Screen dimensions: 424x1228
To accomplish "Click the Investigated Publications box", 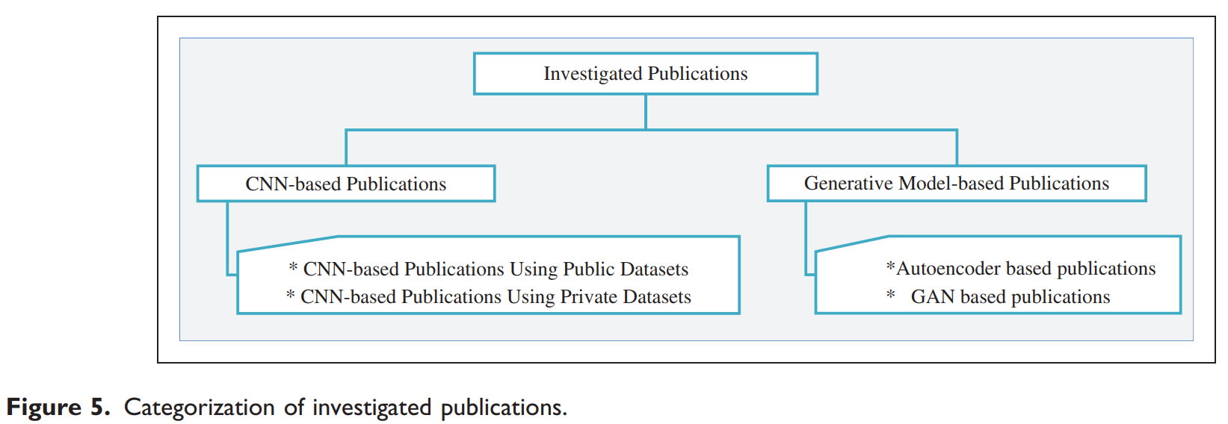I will click(645, 73).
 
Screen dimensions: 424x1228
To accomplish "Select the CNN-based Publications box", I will click(345, 184).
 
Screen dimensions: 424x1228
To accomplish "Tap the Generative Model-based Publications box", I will click(956, 184).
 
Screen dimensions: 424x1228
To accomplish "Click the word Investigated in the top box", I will click(593, 74).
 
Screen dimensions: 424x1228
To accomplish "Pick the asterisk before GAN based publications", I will click(891, 296).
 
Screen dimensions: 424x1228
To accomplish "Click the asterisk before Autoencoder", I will click(890, 266).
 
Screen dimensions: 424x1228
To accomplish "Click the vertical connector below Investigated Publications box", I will click(646, 112).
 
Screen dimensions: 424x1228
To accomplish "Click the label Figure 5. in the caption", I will click(58, 408).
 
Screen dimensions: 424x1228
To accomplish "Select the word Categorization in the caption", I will click(200, 408).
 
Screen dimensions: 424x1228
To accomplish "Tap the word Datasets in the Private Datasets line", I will click(657, 297).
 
